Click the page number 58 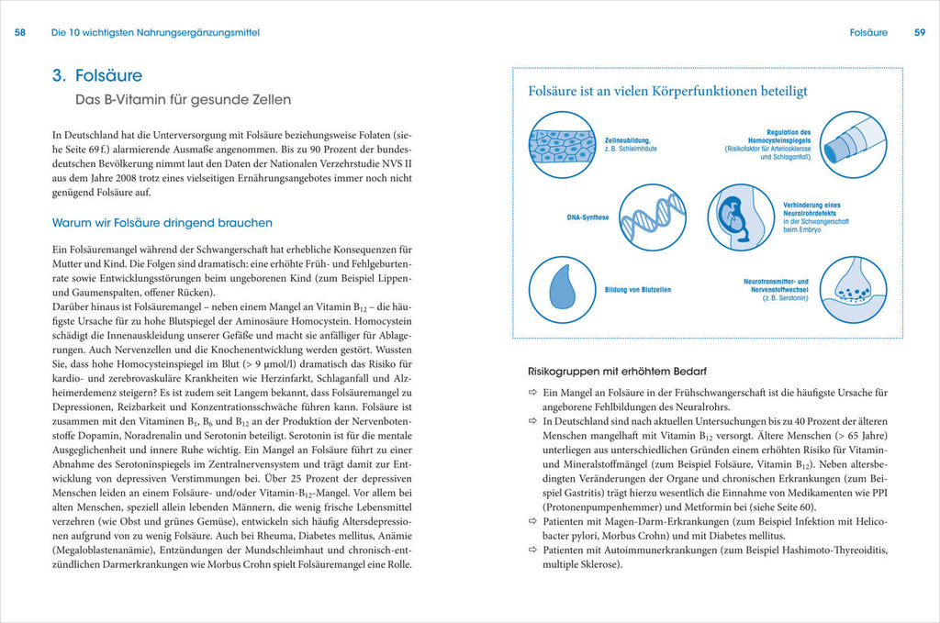21,32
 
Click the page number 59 919,32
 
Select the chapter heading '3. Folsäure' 97,76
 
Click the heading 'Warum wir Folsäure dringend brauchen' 162,223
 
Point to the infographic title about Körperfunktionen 667,92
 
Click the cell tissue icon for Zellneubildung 562,144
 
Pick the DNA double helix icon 652,217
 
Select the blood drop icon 562,290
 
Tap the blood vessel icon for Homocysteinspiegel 852,144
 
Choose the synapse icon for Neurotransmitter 852,290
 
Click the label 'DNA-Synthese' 587,218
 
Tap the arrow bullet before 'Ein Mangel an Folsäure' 532,393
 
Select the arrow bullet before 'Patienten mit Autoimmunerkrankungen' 532,550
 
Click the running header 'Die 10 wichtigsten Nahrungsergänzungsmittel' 155,32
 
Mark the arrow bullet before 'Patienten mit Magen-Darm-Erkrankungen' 532,520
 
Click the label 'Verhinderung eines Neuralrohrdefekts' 811,210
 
